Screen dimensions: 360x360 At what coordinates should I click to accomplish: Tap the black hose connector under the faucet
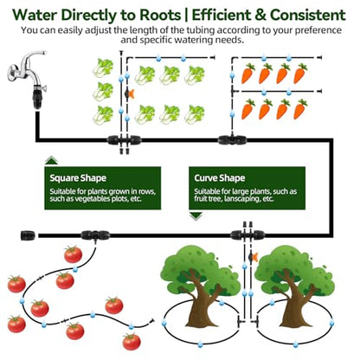click(37, 98)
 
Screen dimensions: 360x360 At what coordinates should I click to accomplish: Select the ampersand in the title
click(260, 15)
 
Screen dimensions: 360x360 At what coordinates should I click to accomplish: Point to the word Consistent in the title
click(308, 15)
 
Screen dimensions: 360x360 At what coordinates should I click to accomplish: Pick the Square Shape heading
click(78, 178)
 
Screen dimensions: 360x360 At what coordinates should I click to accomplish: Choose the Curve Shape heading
click(220, 178)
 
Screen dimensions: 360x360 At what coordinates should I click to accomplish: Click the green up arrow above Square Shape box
click(52, 160)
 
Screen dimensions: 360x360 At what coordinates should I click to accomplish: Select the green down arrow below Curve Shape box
click(196, 215)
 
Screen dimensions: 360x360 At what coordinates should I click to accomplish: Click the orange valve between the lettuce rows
click(130, 93)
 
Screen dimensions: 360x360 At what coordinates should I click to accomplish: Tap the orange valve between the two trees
click(253, 257)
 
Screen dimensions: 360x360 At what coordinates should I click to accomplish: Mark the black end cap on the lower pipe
click(29, 235)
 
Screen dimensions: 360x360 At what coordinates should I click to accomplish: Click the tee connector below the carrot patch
click(233, 140)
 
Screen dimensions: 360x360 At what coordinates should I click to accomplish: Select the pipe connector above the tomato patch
click(95, 235)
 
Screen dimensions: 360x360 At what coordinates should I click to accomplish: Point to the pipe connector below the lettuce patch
click(125, 140)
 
